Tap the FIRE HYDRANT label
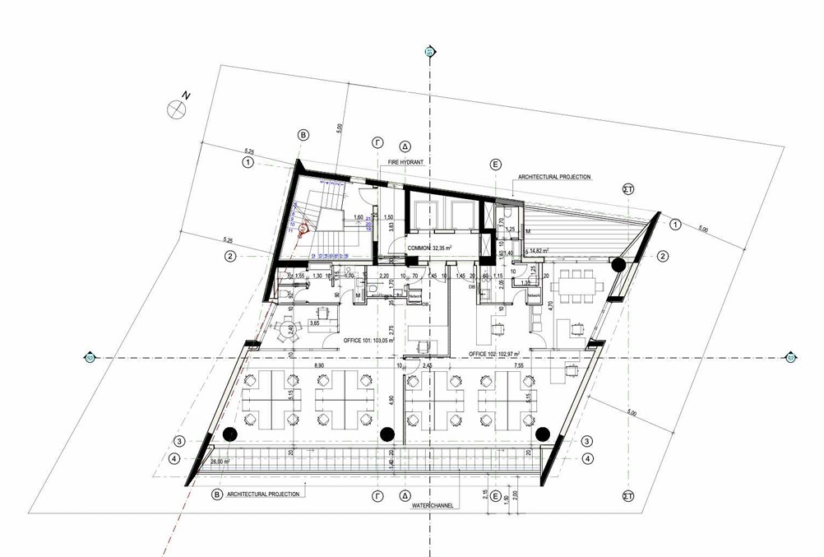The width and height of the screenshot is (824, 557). tap(405, 163)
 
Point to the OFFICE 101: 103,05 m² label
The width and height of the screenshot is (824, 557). tap(368, 340)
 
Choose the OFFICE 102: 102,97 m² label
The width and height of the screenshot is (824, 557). tap(497, 354)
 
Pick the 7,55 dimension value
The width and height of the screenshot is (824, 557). tap(519, 365)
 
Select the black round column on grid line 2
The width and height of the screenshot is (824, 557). tap(618, 264)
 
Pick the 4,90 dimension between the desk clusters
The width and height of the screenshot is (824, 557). tap(392, 400)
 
